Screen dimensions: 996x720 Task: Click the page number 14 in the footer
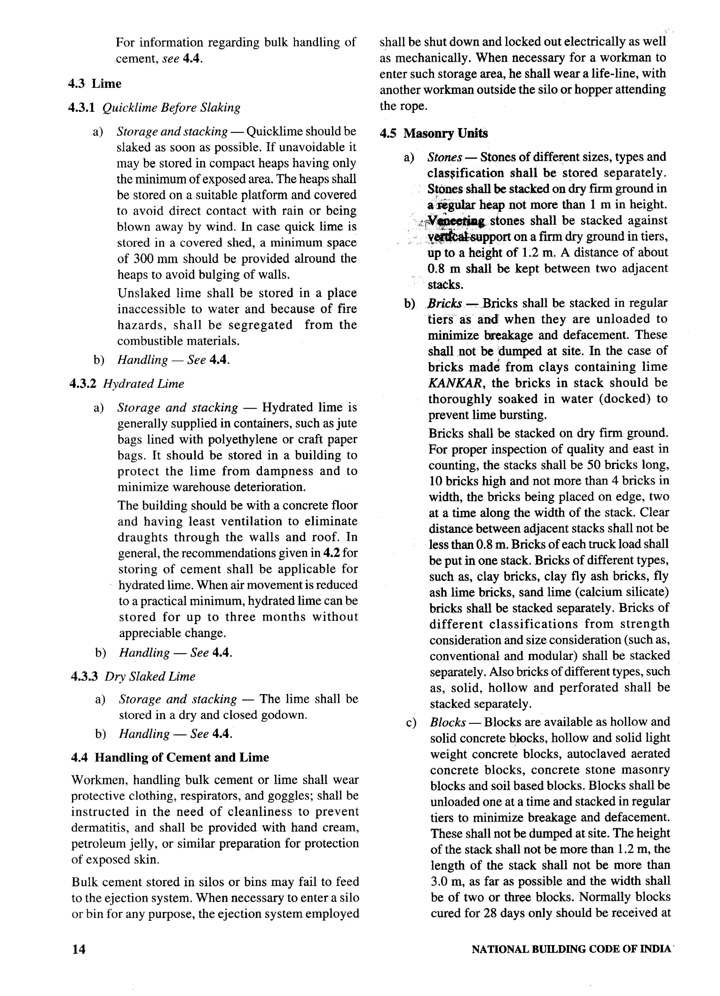[x=79, y=949]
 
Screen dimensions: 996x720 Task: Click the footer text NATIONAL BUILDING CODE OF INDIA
[x=571, y=949]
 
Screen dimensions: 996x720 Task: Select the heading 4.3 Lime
[x=95, y=83]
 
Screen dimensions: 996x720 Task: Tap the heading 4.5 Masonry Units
[x=434, y=134]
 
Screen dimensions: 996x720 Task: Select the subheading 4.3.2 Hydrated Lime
[x=127, y=383]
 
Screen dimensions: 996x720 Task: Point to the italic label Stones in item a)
[x=444, y=157]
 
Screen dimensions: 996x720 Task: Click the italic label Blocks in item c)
[x=448, y=722]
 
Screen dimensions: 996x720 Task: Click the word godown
[x=283, y=715]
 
